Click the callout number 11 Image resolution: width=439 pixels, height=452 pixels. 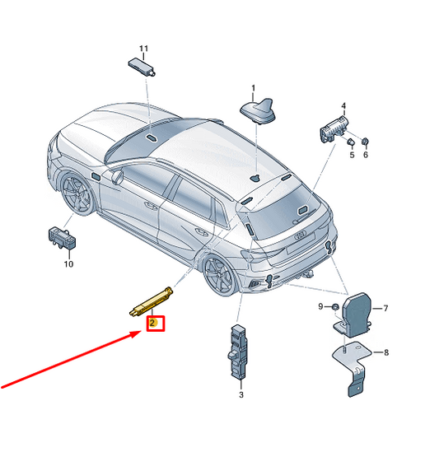click(143, 49)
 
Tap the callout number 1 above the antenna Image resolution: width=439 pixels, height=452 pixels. click(253, 87)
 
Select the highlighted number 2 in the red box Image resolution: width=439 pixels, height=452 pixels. click(152, 323)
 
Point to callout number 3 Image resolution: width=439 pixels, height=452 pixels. click(241, 394)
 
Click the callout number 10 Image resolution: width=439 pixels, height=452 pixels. click(68, 263)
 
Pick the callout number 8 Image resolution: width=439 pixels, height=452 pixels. click(386, 352)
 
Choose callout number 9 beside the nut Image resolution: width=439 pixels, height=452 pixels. click(320, 306)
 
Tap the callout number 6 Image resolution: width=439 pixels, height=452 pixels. click(366, 155)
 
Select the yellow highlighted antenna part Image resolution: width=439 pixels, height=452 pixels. click(151, 301)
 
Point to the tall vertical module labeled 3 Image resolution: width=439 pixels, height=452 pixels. click(239, 352)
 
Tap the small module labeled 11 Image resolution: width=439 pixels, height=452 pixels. click(142, 68)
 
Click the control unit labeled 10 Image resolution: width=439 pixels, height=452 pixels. click(62, 238)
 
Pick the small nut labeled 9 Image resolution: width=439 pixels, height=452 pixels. click(335, 307)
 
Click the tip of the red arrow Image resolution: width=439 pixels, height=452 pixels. click(141, 332)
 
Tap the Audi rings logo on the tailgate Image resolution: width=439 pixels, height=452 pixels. click(300, 235)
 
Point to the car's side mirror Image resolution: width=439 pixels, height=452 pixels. click(118, 177)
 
